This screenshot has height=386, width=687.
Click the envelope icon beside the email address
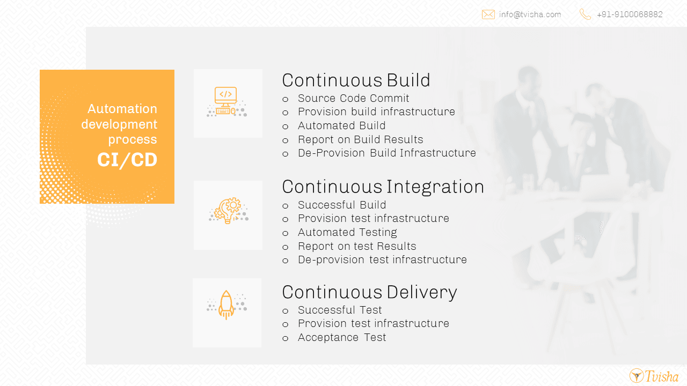coord(488,14)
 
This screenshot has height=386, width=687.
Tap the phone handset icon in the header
coord(585,14)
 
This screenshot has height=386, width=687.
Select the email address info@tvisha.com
coord(530,14)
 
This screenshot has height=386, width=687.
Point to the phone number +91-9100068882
coord(630,14)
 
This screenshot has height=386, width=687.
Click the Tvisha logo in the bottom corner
coord(654,376)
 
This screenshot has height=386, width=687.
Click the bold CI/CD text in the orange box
coord(127,160)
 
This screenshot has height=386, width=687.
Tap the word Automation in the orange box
coord(122,109)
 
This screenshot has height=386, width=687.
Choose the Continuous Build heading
coord(356,80)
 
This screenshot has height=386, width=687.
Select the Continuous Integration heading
coord(383,187)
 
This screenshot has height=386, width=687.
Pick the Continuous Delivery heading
coord(370,292)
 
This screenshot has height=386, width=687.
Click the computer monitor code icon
coord(226,102)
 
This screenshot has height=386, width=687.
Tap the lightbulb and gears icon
coord(229,211)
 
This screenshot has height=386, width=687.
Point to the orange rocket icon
coord(226,305)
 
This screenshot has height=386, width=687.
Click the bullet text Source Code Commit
coord(353,98)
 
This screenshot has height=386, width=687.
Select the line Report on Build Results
coord(360,140)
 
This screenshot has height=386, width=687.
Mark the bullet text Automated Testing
coord(347,233)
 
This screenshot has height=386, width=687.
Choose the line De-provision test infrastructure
coord(383,260)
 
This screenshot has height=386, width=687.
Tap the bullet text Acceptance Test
coord(342,337)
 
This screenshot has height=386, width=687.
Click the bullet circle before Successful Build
coord(285,206)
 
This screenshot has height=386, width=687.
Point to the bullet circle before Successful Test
coord(285,311)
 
